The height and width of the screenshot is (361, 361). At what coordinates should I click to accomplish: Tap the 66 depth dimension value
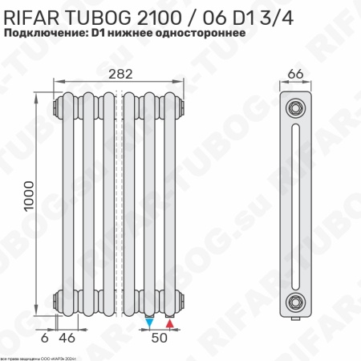click(295, 74)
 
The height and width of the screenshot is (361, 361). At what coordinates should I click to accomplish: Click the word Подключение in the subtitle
click(46, 34)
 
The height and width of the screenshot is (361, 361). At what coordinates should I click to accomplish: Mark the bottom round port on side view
click(296, 302)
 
